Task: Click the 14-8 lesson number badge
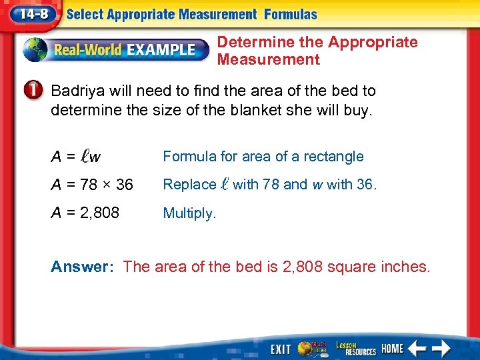tap(34, 13)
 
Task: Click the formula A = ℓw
tap(76, 157)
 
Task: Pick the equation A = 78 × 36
tap(92, 185)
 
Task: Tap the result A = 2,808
tap(85, 213)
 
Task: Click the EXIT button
tap(281, 349)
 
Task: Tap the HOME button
tap(393, 348)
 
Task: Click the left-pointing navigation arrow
tap(418, 348)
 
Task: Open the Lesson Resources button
tap(355, 348)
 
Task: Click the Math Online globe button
tap(311, 348)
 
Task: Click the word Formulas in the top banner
tap(291, 14)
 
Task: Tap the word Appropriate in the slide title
tap(373, 42)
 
